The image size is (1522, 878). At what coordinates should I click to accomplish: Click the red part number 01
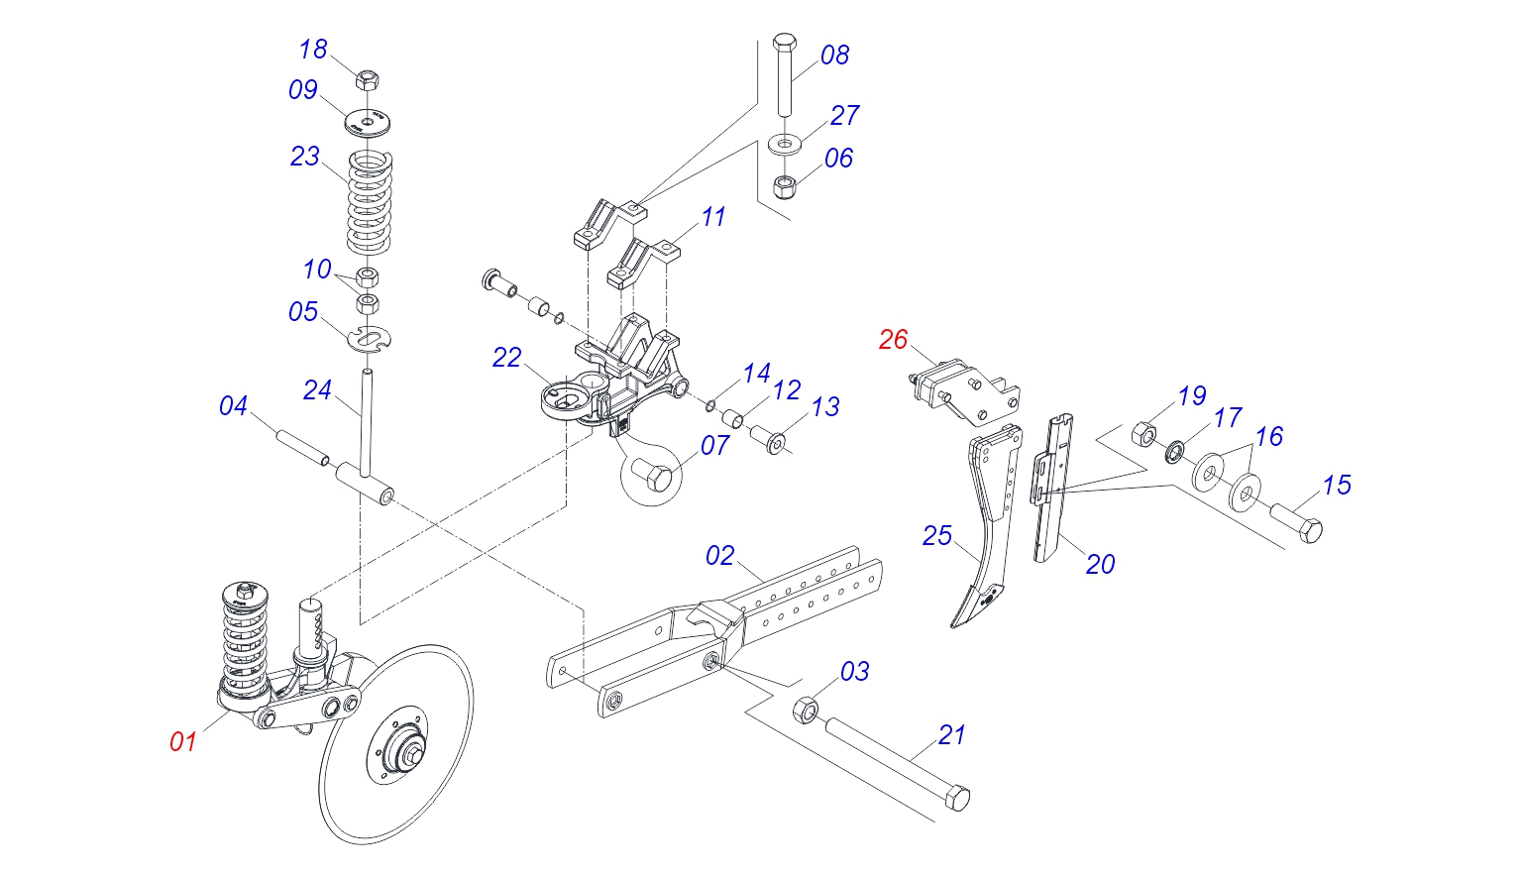click(x=183, y=741)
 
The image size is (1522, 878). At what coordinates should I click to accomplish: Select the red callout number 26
click(x=893, y=340)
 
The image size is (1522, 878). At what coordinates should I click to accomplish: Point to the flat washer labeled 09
click(x=369, y=123)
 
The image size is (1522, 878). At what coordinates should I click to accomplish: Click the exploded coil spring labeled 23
click(x=370, y=202)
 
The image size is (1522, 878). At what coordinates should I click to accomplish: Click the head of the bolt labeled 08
click(x=784, y=45)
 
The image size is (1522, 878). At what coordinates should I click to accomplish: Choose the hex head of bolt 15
click(x=1308, y=529)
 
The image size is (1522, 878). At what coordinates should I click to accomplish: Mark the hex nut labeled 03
click(x=806, y=710)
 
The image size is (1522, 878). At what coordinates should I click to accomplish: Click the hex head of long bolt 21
click(x=958, y=798)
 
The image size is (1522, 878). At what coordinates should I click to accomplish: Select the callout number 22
click(x=506, y=358)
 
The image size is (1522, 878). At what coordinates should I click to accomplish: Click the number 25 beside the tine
click(x=936, y=536)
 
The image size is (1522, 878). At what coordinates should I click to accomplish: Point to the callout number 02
click(x=720, y=556)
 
